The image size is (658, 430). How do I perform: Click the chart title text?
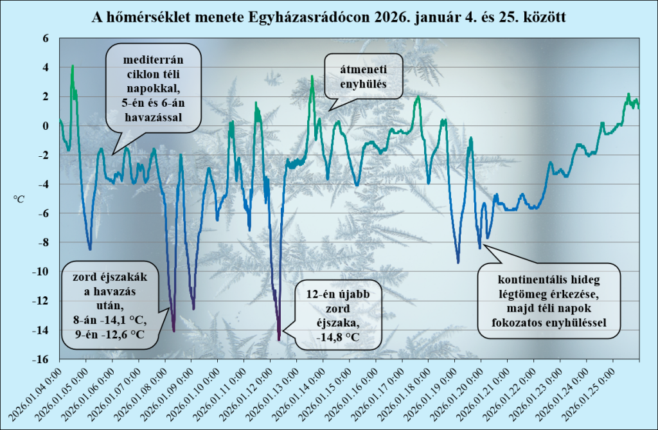coord(329,15)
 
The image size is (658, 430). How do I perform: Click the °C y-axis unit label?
coord(19,199)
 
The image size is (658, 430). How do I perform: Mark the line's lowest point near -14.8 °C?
coord(279,339)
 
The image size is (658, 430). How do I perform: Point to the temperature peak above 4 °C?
coord(73,66)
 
